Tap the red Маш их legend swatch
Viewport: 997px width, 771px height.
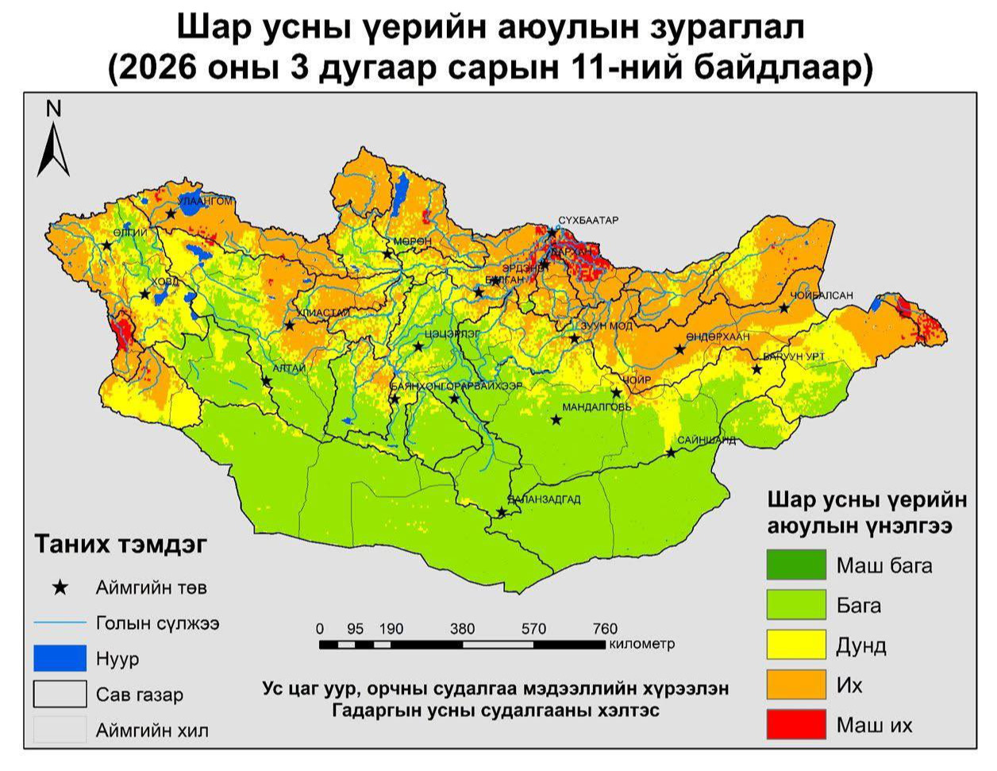[795, 724]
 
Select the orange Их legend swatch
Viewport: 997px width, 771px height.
[795, 684]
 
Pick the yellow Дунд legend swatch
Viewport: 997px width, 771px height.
[795, 645]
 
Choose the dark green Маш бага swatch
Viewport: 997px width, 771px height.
[795, 565]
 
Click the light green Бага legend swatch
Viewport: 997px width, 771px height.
[795, 605]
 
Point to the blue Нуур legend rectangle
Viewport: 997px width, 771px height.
[60, 658]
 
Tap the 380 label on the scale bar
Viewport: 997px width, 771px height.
[462, 629]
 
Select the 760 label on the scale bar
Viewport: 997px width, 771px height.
[605, 629]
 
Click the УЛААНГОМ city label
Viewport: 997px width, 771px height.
[206, 201]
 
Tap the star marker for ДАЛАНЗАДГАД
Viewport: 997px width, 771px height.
[501, 513]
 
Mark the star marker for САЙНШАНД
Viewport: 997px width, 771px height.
[671, 453]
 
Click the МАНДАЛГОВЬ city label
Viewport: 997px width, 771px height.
[597, 407]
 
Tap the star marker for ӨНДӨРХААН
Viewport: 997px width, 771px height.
[679, 349]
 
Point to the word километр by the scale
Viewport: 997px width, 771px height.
[641, 643]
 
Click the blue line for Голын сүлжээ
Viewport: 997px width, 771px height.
[60, 623]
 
